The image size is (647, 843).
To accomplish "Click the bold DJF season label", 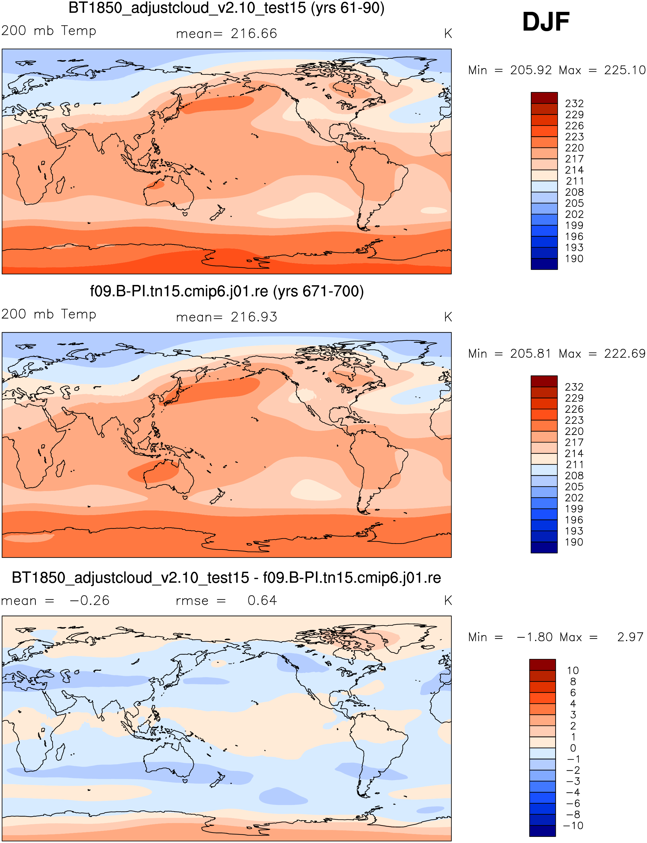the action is pos(546,22).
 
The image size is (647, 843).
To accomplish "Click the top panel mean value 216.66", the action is pos(254,34).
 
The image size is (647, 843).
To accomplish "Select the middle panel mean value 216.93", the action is pos(254,317).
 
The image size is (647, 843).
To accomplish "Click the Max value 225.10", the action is pos(624,70).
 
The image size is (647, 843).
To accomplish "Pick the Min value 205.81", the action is pos(531,354).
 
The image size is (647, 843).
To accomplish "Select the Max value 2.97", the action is pos(630,637).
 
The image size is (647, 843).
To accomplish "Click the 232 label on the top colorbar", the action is pos(574,103).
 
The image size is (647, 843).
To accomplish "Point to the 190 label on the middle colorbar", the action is pos(574,542).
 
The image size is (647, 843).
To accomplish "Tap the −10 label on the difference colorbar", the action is pos(573,826).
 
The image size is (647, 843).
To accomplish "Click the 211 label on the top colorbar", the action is pos(574,181).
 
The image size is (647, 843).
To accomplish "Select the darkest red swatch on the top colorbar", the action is pos(544,98).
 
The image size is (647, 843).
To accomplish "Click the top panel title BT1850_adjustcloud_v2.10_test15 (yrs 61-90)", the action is pos(227,8).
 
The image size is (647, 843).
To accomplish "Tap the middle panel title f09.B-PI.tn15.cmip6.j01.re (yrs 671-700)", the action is pos(227,292).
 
